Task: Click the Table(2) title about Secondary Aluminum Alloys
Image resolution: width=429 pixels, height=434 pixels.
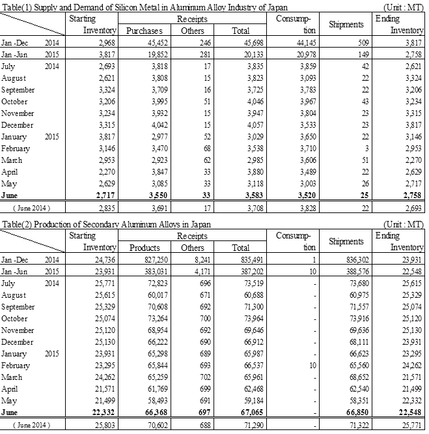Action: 111,225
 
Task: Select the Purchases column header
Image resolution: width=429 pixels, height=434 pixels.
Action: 144,31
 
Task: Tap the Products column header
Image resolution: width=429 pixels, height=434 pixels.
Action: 144,248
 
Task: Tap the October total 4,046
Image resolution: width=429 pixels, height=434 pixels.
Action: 247,102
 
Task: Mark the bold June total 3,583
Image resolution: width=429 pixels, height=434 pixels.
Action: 247,195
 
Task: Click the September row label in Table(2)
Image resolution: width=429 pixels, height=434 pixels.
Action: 19,308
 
